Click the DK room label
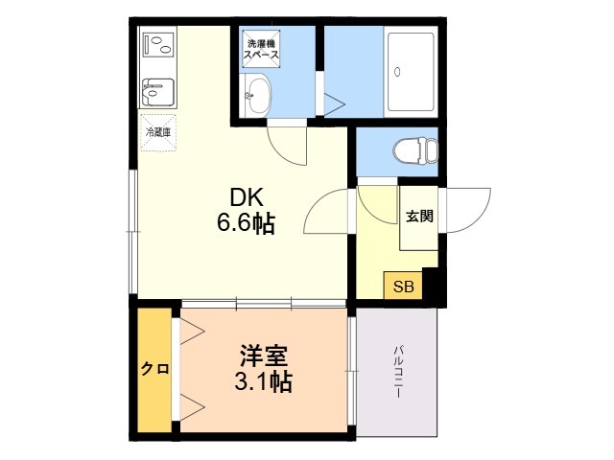247,197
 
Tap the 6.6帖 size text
246,223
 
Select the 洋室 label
264,356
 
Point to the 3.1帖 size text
263,381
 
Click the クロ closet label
155,368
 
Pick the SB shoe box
403,286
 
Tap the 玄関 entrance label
419,217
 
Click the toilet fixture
415,150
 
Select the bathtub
411,73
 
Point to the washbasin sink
256,94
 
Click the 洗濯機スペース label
262,49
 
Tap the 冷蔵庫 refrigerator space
158,132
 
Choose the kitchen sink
157,92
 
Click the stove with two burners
158,44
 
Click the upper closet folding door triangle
193,332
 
